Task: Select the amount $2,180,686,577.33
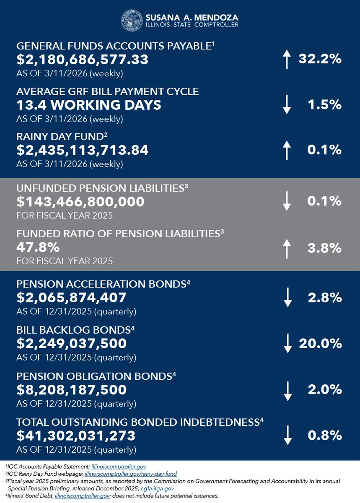pos(82,60)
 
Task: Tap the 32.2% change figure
pos(320,59)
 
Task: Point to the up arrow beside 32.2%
pos(287,60)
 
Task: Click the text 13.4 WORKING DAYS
pos(88,105)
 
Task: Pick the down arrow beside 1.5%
pos(287,105)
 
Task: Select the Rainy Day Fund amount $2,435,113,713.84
pos(82,150)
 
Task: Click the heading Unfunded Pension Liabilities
pos(100,189)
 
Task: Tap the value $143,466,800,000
pos(80,202)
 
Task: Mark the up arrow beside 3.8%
pos(287,248)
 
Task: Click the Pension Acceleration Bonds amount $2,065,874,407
pos(71,298)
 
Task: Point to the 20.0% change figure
pos(320,344)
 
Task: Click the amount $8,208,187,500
pos(71,390)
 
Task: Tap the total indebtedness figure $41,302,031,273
pos(75,436)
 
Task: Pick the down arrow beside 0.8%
pos(287,436)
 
